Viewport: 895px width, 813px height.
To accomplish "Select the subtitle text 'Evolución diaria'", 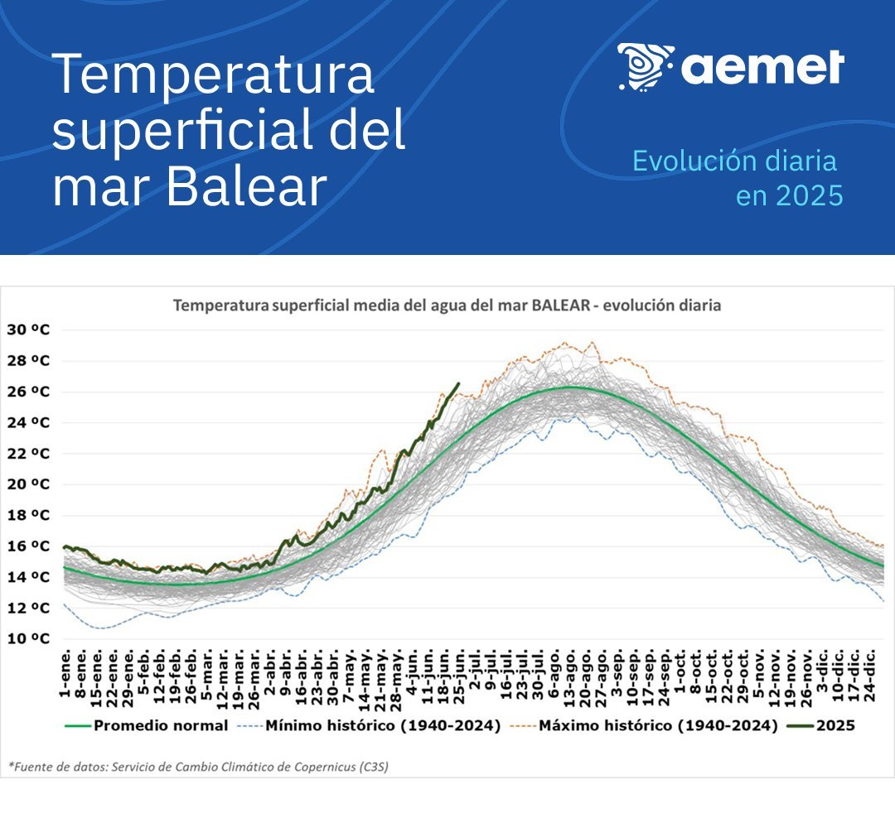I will pos(734,161).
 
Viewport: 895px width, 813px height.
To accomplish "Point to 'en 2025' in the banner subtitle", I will pos(790,195).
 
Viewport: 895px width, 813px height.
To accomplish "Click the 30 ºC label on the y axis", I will pos(28,330).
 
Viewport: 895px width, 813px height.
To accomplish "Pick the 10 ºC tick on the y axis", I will pos(28,639).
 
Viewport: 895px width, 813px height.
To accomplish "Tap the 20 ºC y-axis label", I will pos(28,484).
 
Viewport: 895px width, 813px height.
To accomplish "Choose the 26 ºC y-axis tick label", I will pos(28,392).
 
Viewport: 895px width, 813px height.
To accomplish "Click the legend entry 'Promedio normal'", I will pos(161,726).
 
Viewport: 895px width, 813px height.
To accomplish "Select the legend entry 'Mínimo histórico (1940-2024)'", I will pos(383,726).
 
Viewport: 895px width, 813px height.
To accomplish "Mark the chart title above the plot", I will pos(447,305).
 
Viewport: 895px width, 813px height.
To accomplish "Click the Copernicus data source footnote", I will pos(198,767).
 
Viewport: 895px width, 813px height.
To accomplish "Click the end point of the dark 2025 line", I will pos(458,383).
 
